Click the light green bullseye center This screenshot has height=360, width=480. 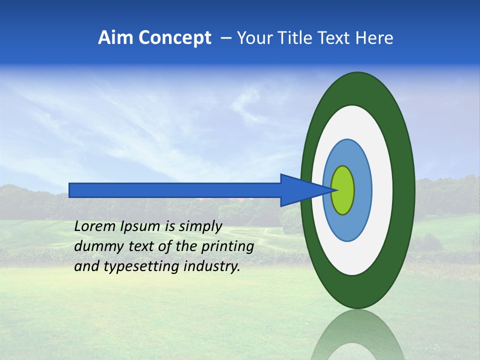pos(343,190)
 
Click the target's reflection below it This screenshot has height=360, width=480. pos(357,335)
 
